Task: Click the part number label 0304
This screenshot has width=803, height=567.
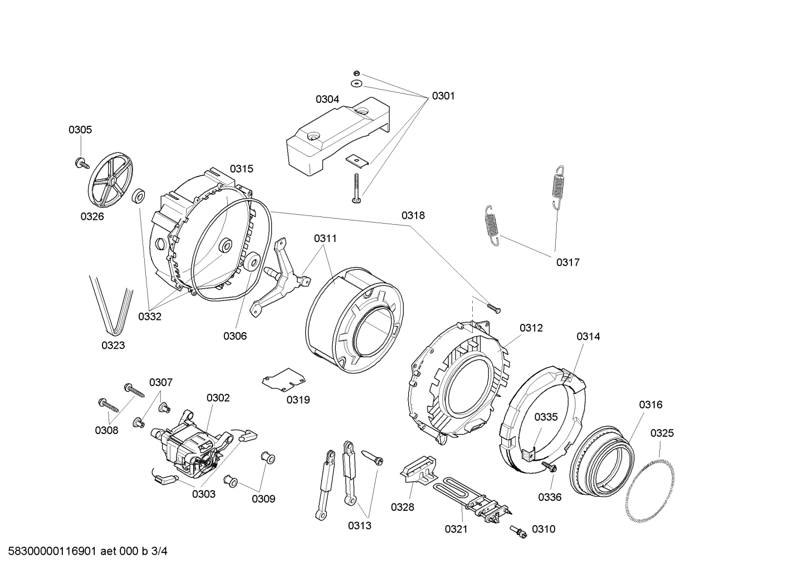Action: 327,99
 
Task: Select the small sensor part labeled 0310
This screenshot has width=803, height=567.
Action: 519,533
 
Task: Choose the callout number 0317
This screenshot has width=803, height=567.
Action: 567,262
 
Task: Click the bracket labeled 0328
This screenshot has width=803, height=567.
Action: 418,467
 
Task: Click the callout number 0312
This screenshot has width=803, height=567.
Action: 531,328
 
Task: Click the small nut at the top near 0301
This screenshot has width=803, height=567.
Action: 356,73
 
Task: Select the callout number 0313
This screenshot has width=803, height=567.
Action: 360,525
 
